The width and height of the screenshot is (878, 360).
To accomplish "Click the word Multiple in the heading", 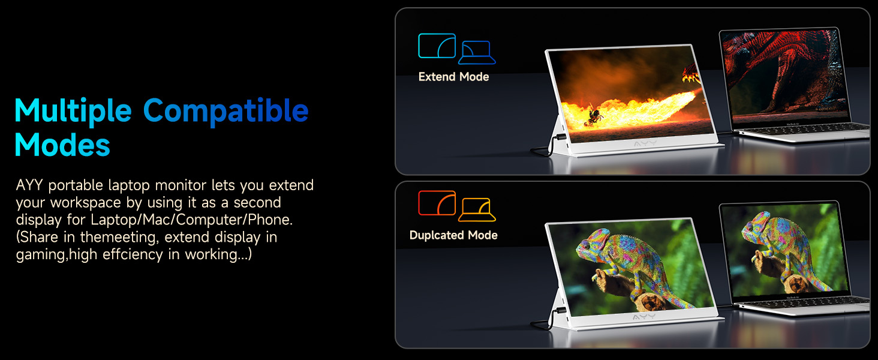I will click(73, 111).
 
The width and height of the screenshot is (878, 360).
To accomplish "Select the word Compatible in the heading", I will click(226, 111).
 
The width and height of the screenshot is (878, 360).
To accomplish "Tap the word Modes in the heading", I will click(62, 145).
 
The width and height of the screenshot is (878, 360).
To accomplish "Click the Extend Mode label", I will click(453, 77).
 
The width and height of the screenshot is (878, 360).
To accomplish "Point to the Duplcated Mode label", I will click(453, 235).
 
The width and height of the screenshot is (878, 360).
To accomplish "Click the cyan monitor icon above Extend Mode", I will click(437, 46).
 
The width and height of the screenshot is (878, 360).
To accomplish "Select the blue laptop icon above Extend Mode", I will click(477, 53).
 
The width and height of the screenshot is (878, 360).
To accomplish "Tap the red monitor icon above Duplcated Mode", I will click(437, 203).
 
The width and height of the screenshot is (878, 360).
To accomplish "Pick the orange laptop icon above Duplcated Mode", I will click(477, 210).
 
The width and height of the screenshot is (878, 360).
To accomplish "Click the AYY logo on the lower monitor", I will click(644, 317).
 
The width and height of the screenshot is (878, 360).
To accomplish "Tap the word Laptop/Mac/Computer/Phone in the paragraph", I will click(191, 220).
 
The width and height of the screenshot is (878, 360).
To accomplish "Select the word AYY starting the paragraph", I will click(29, 185).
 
